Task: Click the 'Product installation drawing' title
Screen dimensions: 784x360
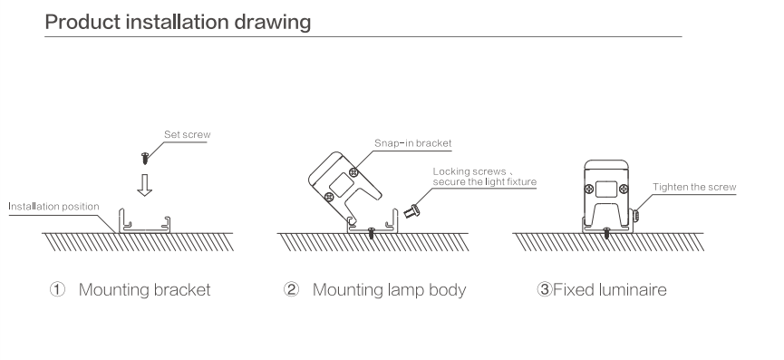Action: pyautogui.click(x=178, y=23)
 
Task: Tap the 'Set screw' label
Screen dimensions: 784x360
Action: pyautogui.click(x=188, y=134)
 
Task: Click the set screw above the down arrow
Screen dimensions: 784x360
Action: pyautogui.click(x=145, y=159)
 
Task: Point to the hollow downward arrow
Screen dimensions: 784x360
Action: pyautogui.click(x=144, y=185)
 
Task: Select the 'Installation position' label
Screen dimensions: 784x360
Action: pyautogui.click(x=54, y=207)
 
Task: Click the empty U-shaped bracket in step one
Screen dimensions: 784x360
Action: pyautogui.click(x=144, y=230)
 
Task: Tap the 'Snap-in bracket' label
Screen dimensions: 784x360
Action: pyautogui.click(x=413, y=143)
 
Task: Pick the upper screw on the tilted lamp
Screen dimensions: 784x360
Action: pyautogui.click(x=354, y=172)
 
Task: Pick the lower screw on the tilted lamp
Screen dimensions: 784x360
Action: pyautogui.click(x=329, y=197)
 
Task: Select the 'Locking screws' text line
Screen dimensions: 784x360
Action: pyautogui.click(x=469, y=172)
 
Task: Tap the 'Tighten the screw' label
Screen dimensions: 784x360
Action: pyautogui.click(x=694, y=187)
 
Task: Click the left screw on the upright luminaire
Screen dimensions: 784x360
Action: pyautogui.click(x=589, y=189)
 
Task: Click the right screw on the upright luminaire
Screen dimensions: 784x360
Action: pyautogui.click(x=624, y=189)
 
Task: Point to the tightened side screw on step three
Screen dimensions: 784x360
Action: pyautogui.click(x=636, y=216)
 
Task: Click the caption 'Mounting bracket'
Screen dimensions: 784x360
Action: pyautogui.click(x=144, y=290)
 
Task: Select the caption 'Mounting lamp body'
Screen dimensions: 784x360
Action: pyautogui.click(x=389, y=290)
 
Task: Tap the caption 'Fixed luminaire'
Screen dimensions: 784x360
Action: pyautogui.click(x=610, y=289)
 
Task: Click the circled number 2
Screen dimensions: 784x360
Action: pyautogui.click(x=291, y=289)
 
